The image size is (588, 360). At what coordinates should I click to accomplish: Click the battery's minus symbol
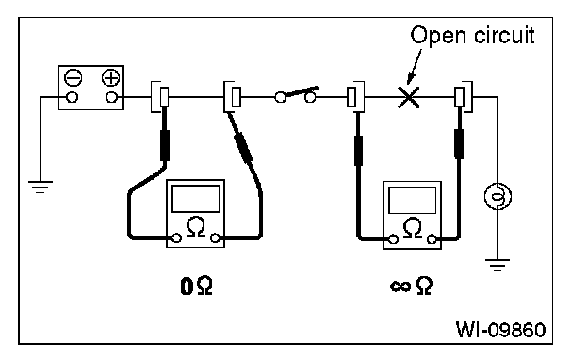coord(73,78)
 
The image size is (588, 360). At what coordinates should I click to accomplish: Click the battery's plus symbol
coord(110,78)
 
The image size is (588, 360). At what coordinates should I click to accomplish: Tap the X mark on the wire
coord(408,97)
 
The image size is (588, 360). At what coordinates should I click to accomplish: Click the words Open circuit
coord(472,36)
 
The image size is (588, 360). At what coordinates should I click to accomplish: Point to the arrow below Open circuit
coord(414,66)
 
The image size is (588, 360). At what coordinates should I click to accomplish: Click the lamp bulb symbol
coord(498,197)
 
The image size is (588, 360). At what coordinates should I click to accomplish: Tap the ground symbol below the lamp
coord(498,265)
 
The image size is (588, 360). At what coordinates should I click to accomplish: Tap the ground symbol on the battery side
coord(41,187)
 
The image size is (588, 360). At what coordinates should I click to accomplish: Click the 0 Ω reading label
coord(197,286)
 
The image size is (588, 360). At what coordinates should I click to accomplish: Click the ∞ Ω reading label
coord(412,286)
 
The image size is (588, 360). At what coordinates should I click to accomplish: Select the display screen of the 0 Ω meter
coord(195,199)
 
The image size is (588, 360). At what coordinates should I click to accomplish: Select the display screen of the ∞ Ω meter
coord(412,201)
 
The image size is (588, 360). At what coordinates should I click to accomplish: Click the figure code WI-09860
coord(501,330)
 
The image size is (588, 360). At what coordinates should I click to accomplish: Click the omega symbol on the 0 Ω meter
coord(195,226)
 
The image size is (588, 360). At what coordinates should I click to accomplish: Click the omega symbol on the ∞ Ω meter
coord(413,228)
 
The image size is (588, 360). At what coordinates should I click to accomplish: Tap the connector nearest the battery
coord(160,97)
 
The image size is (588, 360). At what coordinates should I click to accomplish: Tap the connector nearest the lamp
coord(464,97)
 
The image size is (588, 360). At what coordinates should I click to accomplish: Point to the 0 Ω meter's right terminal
coord(215,237)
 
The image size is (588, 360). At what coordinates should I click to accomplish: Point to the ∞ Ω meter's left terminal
coord(393,239)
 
